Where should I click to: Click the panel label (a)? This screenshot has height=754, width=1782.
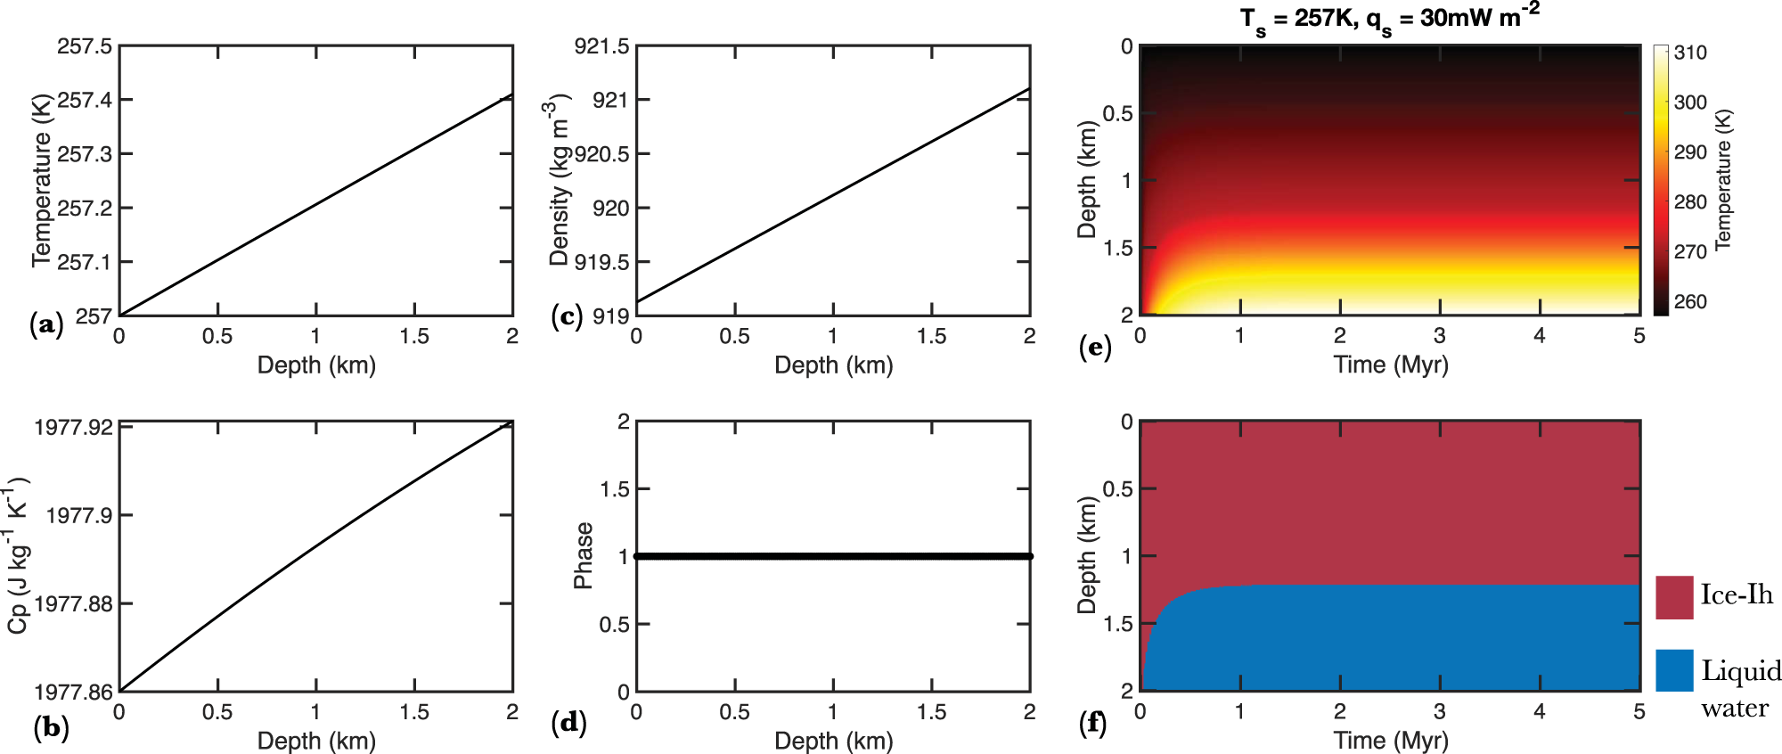pos(46,324)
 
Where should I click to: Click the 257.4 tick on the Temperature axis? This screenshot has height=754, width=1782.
pos(86,100)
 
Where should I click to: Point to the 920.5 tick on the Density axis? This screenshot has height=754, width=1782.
pos(602,154)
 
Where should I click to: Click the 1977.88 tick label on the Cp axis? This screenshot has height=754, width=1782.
pos(74,603)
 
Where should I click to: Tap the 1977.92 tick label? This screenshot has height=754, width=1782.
pos(74,427)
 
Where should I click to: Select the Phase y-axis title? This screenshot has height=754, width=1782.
pos(584,556)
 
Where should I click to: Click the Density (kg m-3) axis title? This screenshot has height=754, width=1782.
pos(557,183)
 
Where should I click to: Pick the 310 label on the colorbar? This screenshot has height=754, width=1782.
pos(1690,53)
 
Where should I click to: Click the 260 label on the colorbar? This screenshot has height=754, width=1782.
pos(1690,301)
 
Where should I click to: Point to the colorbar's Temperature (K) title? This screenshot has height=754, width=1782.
pos(1723,178)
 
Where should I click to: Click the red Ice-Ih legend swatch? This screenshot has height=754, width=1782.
pos(1674,597)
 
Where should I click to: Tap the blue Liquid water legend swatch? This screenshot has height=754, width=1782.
pos(1674,670)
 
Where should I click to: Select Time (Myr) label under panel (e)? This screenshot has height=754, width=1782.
pos(1390,365)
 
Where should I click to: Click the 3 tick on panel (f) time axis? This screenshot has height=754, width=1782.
pos(1440,711)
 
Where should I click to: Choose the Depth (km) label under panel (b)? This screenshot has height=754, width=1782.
pos(316,741)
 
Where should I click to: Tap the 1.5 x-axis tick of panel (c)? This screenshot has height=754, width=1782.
pos(932,336)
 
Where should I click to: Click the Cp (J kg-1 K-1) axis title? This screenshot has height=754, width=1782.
pos(18,556)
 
